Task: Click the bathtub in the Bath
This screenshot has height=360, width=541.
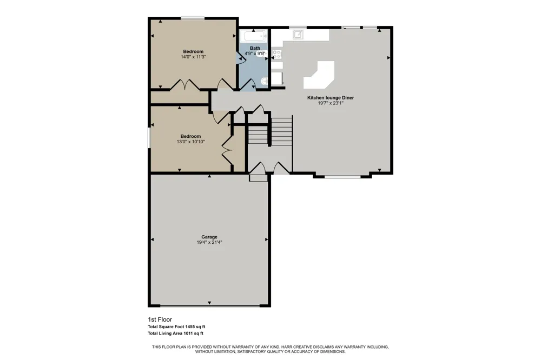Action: click(x=254, y=36)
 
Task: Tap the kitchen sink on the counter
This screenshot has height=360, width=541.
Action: click(x=298, y=34)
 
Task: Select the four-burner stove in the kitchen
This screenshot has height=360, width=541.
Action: click(x=277, y=54)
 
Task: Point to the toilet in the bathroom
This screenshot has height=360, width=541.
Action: click(x=265, y=81)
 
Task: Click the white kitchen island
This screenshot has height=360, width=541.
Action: click(x=319, y=75)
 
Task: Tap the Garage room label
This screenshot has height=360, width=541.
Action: click(x=209, y=237)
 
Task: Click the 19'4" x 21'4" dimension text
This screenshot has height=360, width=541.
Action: click(x=209, y=242)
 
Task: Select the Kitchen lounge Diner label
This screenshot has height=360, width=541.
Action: click(x=331, y=98)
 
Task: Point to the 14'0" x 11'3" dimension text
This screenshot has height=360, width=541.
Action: click(x=193, y=57)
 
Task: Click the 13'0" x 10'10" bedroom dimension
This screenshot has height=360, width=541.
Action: click(x=191, y=142)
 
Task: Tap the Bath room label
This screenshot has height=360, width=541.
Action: click(x=255, y=48)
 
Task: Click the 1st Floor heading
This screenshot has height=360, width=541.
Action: click(x=160, y=319)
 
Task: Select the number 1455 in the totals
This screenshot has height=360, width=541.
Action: click(x=190, y=326)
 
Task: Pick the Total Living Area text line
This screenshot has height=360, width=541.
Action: click(x=175, y=334)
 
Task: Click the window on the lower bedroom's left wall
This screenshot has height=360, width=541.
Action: click(x=149, y=138)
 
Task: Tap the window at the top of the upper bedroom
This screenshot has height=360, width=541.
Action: click(x=193, y=18)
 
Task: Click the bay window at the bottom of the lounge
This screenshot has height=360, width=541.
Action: click(x=342, y=177)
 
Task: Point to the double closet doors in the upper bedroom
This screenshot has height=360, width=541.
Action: click(x=184, y=85)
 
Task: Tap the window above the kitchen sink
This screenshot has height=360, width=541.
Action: click(x=298, y=28)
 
